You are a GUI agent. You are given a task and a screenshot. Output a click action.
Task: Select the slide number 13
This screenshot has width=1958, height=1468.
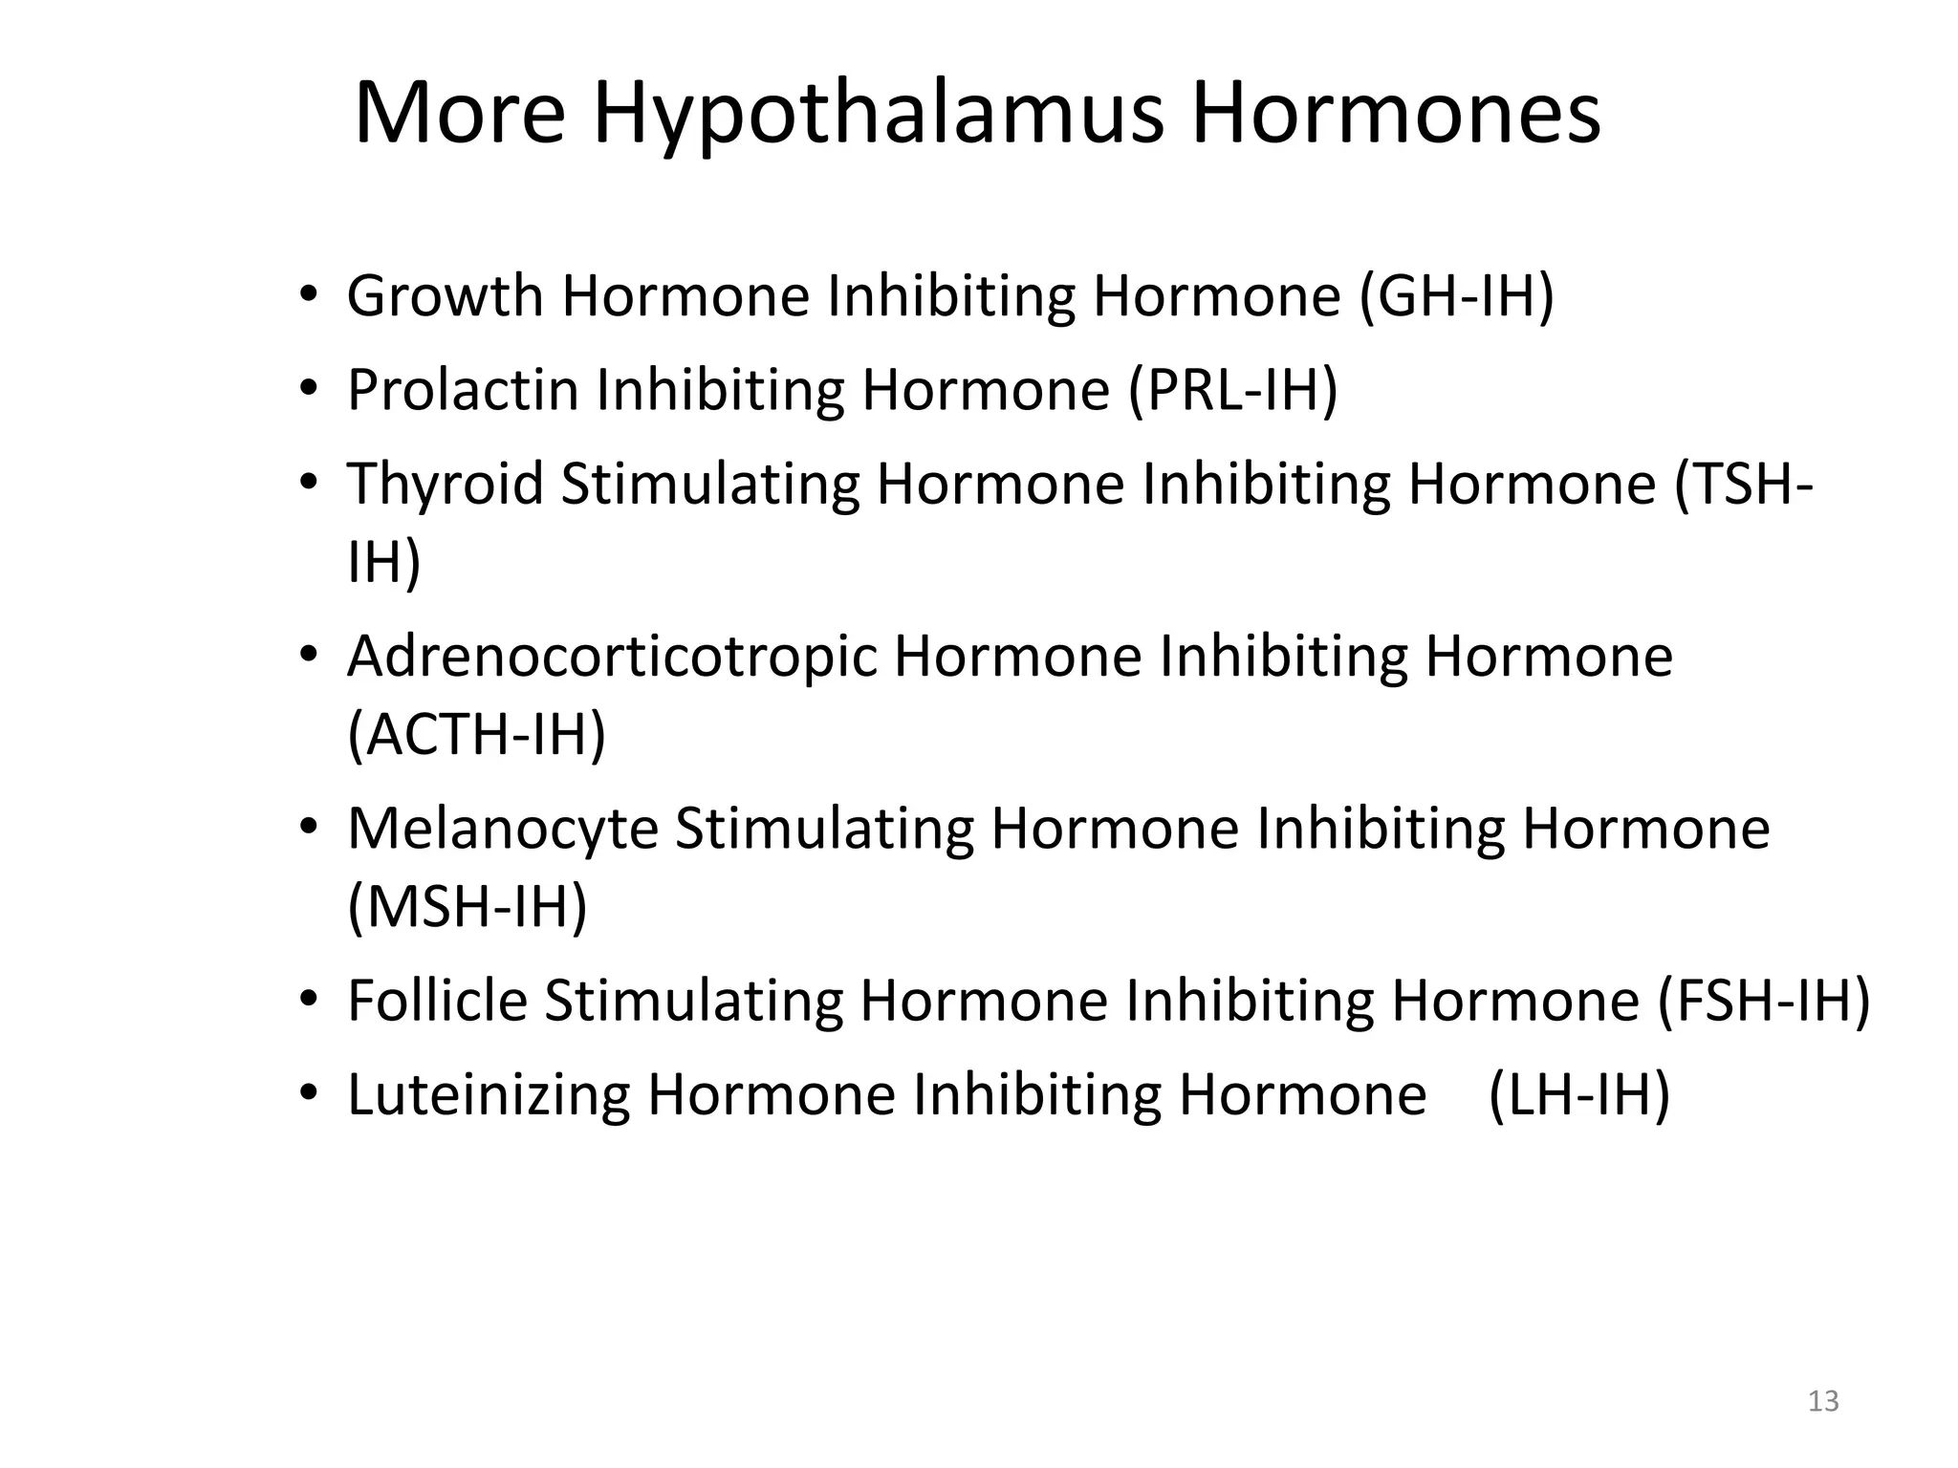(1823, 1401)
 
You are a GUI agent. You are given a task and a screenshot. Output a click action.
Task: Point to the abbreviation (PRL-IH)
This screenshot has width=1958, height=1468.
(1232, 391)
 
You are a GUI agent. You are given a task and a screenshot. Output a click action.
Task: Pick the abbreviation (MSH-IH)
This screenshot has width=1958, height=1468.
(467, 906)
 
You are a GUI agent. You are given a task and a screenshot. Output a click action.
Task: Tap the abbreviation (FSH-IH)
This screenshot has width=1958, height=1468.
(1763, 1001)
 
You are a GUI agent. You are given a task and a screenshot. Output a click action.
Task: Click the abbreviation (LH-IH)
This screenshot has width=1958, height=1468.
(1579, 1094)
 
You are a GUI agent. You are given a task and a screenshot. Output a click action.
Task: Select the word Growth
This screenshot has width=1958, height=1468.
(446, 296)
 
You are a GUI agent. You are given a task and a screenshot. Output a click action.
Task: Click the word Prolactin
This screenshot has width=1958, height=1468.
(463, 390)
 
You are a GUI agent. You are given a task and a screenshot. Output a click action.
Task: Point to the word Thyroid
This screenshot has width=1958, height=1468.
(446, 484)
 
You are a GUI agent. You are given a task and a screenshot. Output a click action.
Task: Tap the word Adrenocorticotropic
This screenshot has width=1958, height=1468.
(612, 658)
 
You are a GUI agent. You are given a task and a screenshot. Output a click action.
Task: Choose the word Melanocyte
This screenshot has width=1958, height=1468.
(503, 829)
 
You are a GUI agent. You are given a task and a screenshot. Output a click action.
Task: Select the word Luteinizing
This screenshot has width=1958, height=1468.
(489, 1095)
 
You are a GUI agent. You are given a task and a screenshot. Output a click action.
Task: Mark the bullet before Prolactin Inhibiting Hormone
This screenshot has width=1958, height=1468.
(308, 390)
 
